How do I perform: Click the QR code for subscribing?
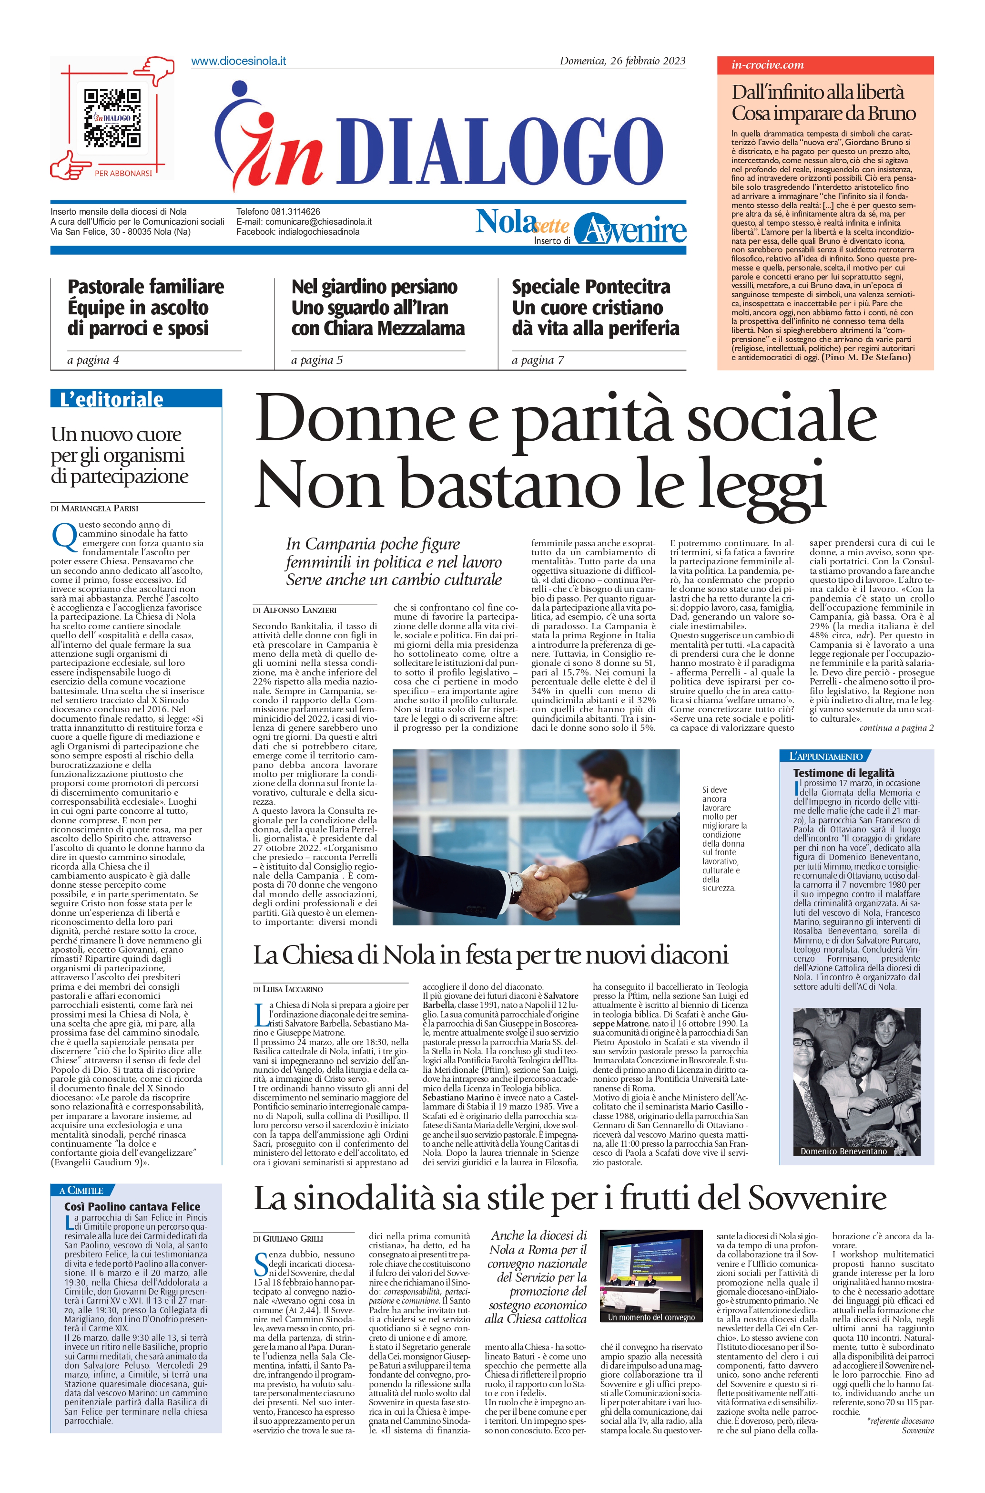coord(112,117)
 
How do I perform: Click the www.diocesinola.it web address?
coord(238,61)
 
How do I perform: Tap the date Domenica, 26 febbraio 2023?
coord(622,61)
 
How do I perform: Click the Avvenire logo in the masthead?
coord(630,229)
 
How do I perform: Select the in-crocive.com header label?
coord(767,65)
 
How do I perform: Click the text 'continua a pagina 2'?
coord(896,727)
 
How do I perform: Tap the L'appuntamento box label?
coord(821,756)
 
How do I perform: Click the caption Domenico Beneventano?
coord(843,1151)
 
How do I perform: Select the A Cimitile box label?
coord(81,1191)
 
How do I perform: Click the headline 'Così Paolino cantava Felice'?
coord(132,1206)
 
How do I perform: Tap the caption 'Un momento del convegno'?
coord(651,1317)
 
